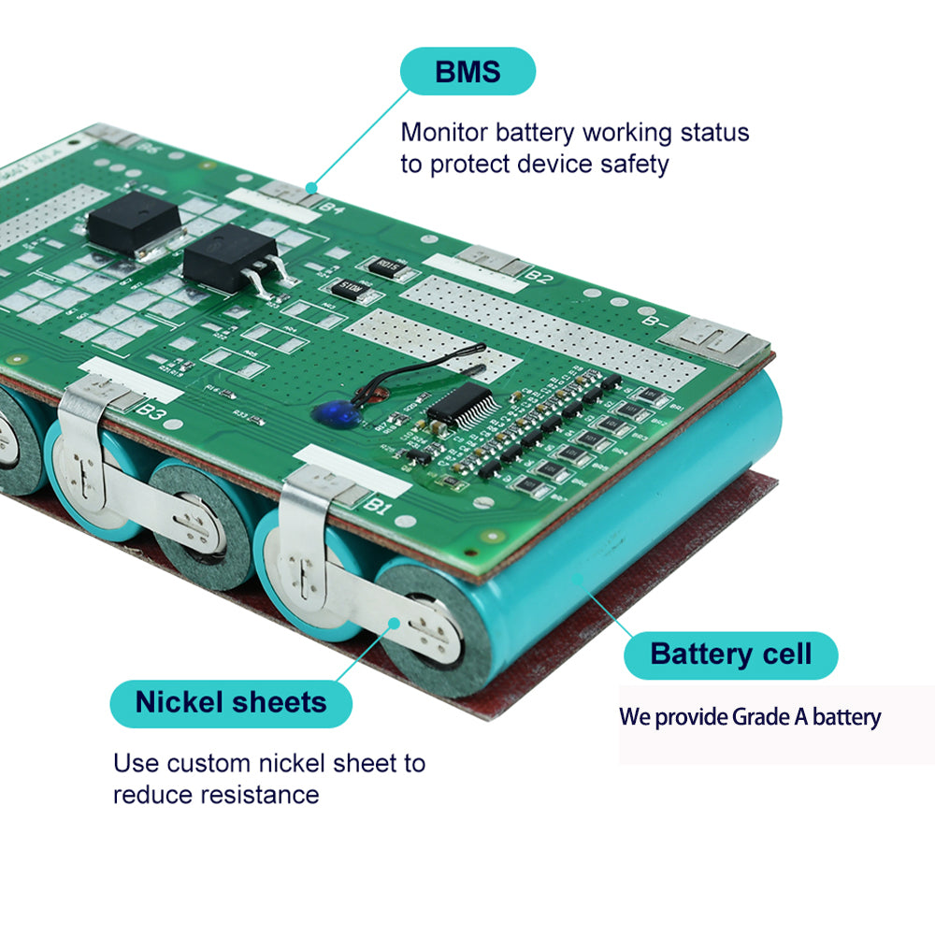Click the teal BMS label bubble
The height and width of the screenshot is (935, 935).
pyautogui.click(x=467, y=72)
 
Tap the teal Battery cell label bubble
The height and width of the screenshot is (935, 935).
pyautogui.click(x=730, y=654)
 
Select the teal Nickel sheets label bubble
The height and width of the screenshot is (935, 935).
pyautogui.click(x=231, y=702)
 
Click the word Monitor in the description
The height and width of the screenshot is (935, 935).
pyautogui.click(x=444, y=133)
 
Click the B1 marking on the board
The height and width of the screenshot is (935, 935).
pyautogui.click(x=377, y=506)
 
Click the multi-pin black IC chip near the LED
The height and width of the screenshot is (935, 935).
pyautogui.click(x=460, y=405)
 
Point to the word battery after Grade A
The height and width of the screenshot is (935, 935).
pyautogui.click(x=846, y=718)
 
